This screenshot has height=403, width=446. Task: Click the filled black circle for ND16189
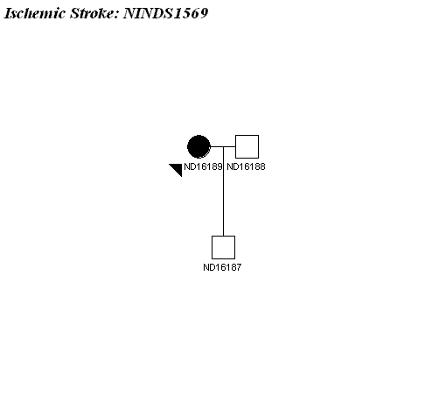(199, 146)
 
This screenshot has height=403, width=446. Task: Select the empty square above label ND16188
(247, 146)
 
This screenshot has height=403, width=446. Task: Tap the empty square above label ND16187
(223, 247)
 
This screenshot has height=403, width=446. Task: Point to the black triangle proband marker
(178, 168)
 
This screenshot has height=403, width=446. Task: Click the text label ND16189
(203, 166)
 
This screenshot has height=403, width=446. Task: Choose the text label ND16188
(246, 166)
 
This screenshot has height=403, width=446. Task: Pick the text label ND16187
(222, 267)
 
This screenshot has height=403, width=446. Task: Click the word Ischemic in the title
(35, 13)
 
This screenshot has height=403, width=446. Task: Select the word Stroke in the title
(93, 13)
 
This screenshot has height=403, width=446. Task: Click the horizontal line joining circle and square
(223, 146)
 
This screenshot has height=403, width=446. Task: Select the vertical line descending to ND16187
(223, 191)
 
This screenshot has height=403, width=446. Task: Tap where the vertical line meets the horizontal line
(223, 146)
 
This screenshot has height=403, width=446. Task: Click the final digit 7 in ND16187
(239, 267)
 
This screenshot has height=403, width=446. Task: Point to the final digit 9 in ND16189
(220, 166)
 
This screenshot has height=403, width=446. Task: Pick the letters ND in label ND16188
(232, 166)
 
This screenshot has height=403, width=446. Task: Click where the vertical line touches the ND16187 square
(223, 236)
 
